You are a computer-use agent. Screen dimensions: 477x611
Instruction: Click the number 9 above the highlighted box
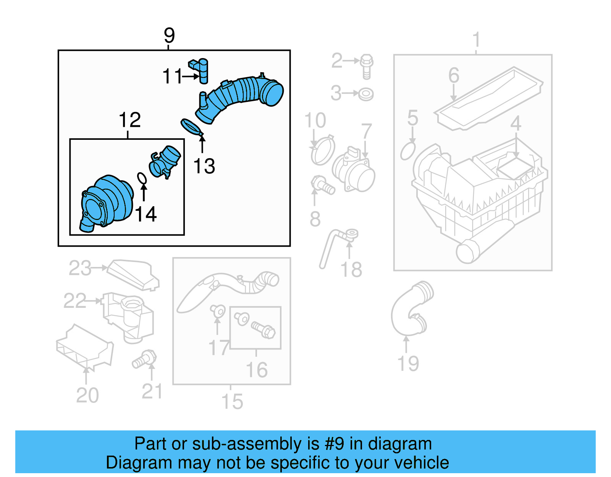[x=169, y=36]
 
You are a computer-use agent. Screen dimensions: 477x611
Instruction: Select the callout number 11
[x=173, y=76]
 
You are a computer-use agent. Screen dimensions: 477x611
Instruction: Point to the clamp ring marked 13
[x=191, y=127]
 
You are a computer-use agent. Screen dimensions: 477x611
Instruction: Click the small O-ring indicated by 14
[x=142, y=178]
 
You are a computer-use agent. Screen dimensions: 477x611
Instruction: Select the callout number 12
[x=129, y=120]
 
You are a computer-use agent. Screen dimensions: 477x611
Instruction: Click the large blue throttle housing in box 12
[x=107, y=202]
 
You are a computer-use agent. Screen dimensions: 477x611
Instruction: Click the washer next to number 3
[x=366, y=94]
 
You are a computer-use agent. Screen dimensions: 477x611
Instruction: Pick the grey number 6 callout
[x=453, y=75]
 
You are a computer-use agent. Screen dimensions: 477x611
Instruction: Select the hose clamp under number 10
[x=323, y=150]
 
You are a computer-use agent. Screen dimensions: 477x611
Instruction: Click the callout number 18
[x=351, y=270]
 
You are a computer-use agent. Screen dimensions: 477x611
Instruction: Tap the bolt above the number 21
[x=145, y=359]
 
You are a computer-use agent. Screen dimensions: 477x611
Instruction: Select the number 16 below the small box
[x=257, y=370]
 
